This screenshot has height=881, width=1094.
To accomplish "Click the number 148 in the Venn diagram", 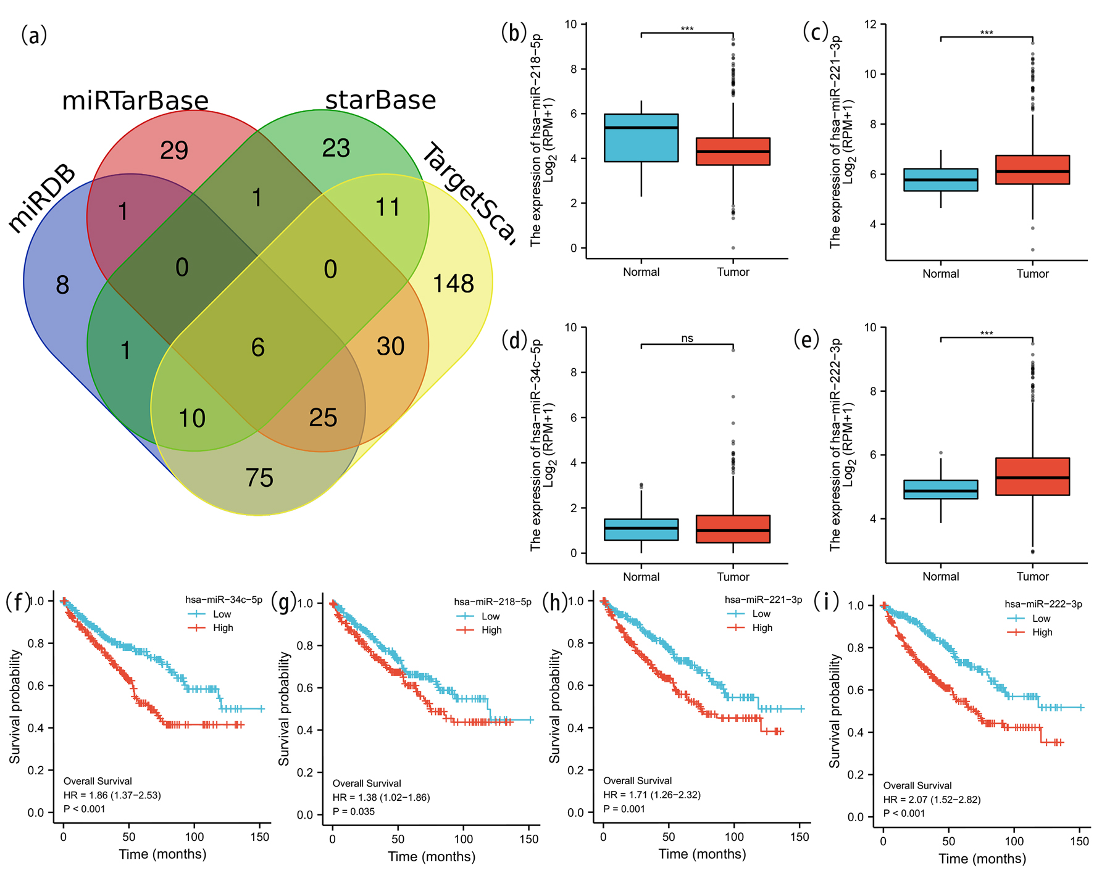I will (453, 284).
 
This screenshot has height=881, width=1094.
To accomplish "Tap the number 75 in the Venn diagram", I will (259, 478).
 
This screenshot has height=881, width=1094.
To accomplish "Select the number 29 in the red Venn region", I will (174, 151).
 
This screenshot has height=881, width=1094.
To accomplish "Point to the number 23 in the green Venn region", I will (336, 148).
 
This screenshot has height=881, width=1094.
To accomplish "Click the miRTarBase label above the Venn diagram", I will (135, 101).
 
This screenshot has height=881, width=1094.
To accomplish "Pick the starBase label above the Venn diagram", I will (380, 100).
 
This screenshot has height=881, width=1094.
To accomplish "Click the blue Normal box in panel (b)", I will (641, 138).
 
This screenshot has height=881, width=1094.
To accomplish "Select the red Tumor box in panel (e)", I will (1032, 476).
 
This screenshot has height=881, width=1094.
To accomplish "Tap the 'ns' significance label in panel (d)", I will (687, 338).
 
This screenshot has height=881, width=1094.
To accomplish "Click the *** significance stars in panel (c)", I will (987, 33).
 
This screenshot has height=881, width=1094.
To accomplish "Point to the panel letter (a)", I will (34, 35).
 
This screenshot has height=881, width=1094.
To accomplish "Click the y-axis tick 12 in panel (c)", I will (871, 24).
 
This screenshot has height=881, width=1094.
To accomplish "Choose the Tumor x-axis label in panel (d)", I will (733, 577).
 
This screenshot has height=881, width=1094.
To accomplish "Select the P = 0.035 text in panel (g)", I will (354, 811).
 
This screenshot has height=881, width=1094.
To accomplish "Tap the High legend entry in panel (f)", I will (223, 628).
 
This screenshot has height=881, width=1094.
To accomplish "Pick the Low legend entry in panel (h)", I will (761, 614).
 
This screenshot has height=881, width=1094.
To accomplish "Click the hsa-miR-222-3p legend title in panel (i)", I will (1043, 604).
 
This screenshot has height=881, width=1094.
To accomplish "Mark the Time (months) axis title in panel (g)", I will (432, 856).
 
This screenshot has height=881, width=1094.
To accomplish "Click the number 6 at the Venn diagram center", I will (258, 347).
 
